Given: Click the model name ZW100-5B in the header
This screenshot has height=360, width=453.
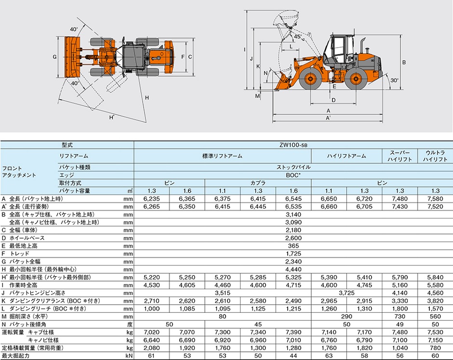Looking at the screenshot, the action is coord(293,145).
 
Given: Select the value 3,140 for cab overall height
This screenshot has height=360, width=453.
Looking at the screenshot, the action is coord(293,214).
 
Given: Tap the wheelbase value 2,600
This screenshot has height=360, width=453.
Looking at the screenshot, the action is coord(293,238).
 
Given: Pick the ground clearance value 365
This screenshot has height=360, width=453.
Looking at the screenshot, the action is coord(293,246).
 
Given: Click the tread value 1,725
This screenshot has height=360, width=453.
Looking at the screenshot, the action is coord(293,253).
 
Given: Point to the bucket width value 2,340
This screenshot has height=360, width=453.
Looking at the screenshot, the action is coord(293,262).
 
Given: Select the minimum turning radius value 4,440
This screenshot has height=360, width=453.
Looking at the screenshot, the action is coord(293,269).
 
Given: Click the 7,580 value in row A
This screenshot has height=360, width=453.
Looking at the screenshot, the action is coord(435,199).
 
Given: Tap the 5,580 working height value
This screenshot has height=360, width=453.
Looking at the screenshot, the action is coord(435,285).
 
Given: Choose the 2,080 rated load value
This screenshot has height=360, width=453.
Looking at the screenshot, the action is coord(152,348).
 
